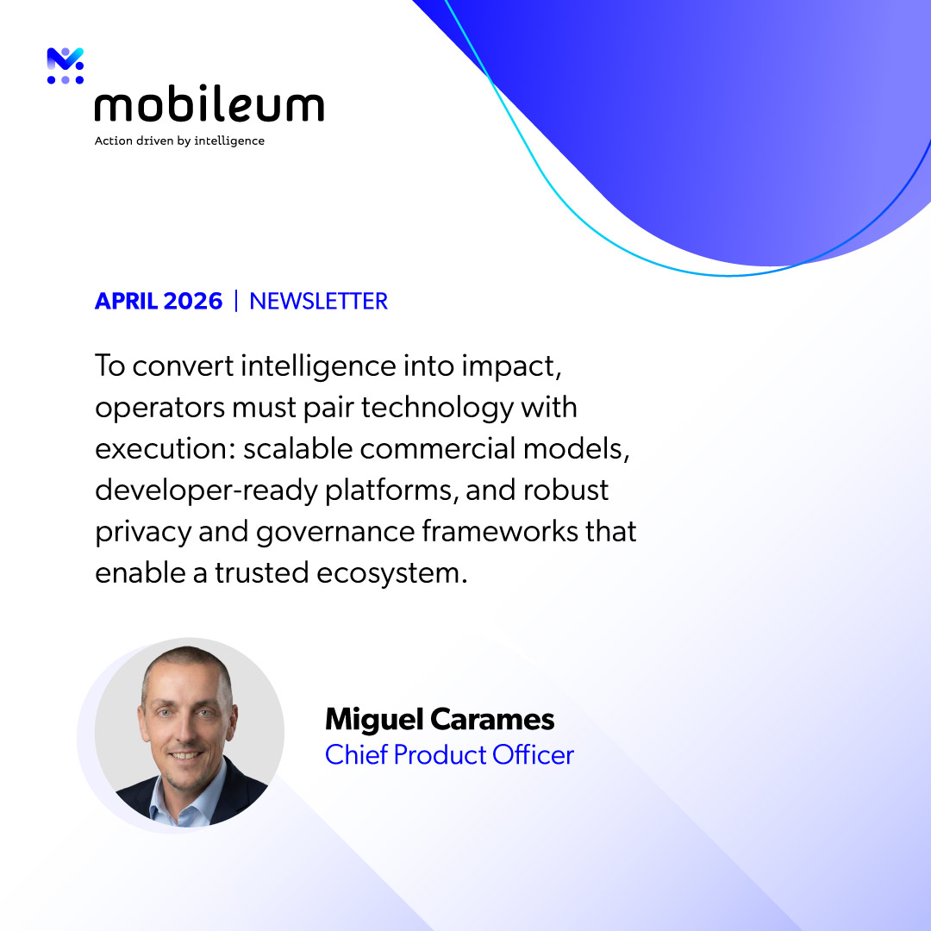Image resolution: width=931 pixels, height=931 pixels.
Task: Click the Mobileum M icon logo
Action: (x=66, y=66)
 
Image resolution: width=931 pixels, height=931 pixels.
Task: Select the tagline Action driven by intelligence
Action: (x=179, y=141)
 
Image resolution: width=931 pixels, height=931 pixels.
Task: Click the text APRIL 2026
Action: (x=159, y=301)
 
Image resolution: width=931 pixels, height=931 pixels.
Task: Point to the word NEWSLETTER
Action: (x=318, y=301)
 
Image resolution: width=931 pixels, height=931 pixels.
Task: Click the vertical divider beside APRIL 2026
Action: (x=236, y=301)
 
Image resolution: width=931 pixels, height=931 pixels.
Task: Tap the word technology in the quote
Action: (x=437, y=409)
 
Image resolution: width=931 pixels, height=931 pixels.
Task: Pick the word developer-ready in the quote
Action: (x=207, y=491)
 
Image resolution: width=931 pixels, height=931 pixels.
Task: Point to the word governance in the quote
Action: (x=334, y=532)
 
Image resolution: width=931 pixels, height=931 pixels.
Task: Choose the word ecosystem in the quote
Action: (x=391, y=573)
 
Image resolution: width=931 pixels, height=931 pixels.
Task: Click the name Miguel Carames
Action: (x=440, y=719)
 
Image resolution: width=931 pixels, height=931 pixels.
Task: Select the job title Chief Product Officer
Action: (x=449, y=755)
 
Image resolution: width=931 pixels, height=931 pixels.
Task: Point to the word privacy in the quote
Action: (x=143, y=532)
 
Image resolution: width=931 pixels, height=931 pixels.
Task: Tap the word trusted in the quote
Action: (x=261, y=573)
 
